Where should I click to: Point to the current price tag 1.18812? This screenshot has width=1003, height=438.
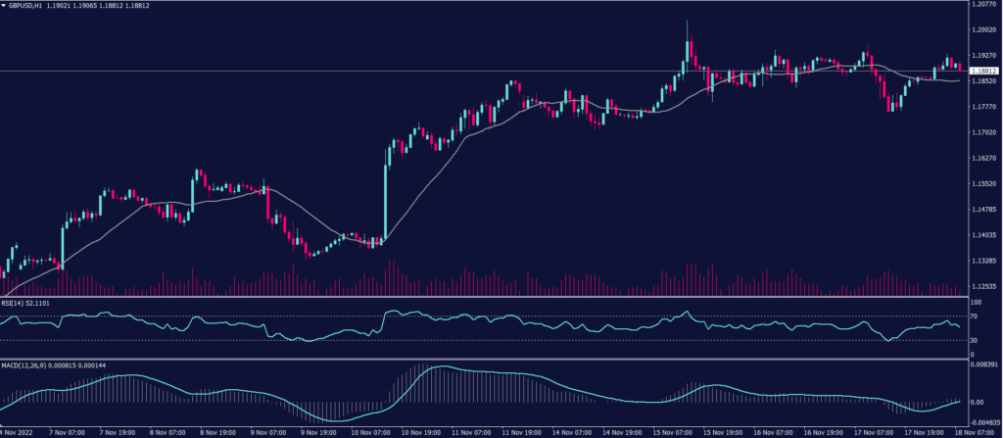click(x=983, y=72)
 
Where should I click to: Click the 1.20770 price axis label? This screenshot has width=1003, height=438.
click(x=982, y=5)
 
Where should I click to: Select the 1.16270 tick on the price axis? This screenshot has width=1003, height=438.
click(x=982, y=158)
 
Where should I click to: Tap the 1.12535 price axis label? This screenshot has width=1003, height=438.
click(x=982, y=286)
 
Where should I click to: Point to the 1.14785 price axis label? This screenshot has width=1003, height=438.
click(x=982, y=210)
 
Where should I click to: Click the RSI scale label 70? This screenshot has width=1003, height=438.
click(x=975, y=316)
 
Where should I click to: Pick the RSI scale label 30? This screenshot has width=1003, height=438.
click(x=975, y=340)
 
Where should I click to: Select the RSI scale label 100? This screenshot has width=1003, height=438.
click(x=977, y=303)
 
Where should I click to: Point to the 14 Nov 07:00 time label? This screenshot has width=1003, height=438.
click(x=573, y=431)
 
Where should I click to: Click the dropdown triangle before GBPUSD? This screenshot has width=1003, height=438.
click(x=4, y=6)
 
